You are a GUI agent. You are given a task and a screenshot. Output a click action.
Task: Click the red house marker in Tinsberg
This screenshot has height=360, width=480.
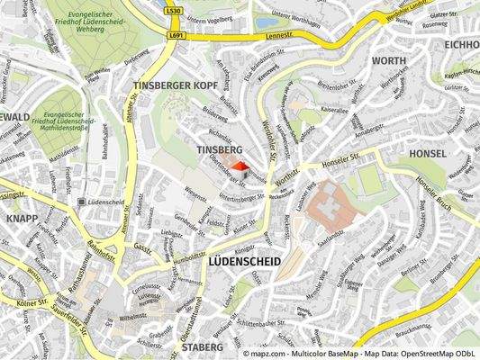coord(240,166)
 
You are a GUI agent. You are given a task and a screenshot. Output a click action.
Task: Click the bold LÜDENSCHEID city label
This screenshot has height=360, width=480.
coord(244,261)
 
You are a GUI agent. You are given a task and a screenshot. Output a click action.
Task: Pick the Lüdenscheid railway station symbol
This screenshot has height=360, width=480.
coord(82,202)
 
